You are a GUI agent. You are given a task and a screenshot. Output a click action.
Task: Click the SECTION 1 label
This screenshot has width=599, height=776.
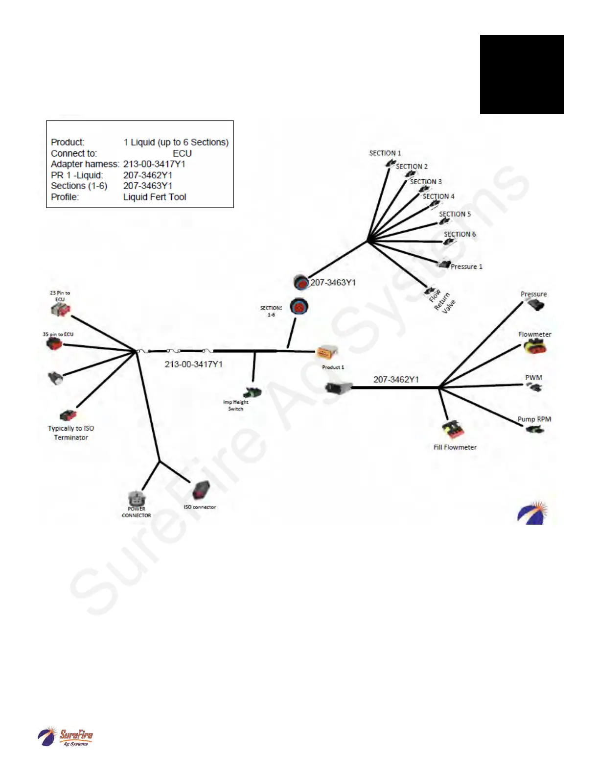pyautogui.click(x=385, y=153)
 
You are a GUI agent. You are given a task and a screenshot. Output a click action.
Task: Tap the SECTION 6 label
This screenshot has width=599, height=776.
pyautogui.click(x=460, y=234)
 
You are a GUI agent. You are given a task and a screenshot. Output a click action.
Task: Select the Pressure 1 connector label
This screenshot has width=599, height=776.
pyautogui.click(x=466, y=267)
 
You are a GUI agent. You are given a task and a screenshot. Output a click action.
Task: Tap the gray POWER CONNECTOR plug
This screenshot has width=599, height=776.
pyautogui.click(x=136, y=498)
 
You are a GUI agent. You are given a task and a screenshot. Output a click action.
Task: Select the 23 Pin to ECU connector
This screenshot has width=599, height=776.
pyautogui.click(x=61, y=310)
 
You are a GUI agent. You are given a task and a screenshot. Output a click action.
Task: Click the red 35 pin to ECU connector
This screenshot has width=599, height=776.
pyautogui.click(x=54, y=344)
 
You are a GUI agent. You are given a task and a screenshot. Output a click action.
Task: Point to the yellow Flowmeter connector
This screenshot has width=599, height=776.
pyautogui.click(x=534, y=347)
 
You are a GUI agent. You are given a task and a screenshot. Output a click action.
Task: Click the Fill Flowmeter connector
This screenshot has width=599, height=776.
pyautogui.click(x=453, y=430)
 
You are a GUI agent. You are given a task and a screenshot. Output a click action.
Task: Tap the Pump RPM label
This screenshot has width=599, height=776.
pyautogui.click(x=534, y=419)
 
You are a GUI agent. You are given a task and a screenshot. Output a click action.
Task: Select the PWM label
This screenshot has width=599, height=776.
pyautogui.click(x=533, y=378)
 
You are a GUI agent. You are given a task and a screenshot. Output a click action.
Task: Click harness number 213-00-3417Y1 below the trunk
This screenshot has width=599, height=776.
pyautogui.click(x=193, y=364)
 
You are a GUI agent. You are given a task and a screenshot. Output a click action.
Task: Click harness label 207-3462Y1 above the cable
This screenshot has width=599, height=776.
pyautogui.click(x=396, y=379)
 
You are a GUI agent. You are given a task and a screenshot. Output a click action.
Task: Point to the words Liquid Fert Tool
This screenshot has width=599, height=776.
pyautogui.click(x=155, y=197)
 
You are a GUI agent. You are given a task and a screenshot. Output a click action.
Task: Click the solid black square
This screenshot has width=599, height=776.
pyautogui.click(x=522, y=74)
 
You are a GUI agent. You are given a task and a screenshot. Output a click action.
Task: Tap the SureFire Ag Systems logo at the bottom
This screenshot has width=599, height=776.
pyautogui.click(x=66, y=737)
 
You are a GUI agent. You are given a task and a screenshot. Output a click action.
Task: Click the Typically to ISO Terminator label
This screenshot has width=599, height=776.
pyautogui.click(x=71, y=433)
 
